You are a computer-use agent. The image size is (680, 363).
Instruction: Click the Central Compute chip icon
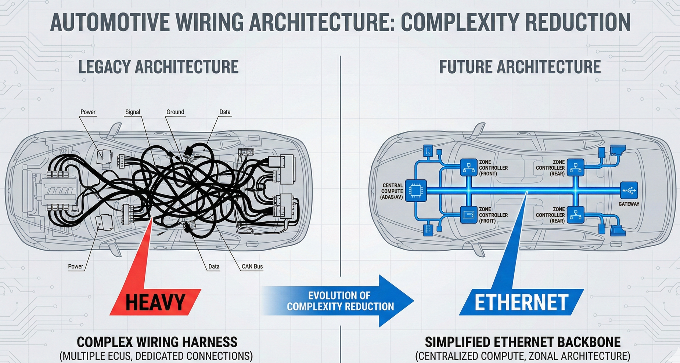point(415,190)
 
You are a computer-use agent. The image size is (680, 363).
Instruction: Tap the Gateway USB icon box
point(629,190)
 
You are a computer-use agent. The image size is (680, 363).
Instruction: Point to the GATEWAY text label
point(629,204)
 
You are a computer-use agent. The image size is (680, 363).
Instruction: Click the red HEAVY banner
point(155,302)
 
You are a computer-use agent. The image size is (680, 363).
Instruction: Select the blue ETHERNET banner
point(521,302)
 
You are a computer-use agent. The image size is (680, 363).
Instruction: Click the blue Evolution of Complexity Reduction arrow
point(340,301)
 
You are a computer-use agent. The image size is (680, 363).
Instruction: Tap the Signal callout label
point(133,112)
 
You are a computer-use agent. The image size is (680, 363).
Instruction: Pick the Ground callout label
point(175,112)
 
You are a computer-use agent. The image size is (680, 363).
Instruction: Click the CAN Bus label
point(252,266)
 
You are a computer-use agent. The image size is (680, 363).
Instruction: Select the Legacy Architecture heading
point(158,67)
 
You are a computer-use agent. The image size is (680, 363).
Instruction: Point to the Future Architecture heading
point(520,67)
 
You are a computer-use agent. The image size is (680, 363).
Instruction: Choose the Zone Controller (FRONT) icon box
point(468,167)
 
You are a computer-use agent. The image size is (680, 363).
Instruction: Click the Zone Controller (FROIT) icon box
point(468,215)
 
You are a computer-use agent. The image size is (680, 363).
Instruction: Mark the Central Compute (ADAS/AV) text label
point(392,191)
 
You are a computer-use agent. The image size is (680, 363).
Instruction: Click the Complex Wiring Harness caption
point(157,342)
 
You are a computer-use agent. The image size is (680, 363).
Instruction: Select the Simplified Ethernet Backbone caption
point(522,342)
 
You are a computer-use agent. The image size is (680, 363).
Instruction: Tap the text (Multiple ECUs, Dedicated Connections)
point(156,356)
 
